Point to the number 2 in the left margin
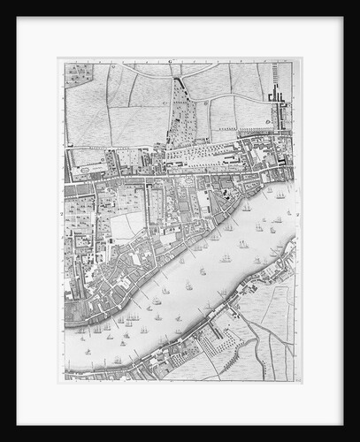pyautogui.click(x=61, y=212)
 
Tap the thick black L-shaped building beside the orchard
pyautogui.click(x=180, y=86)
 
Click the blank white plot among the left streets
pyautogui.click(x=124, y=226)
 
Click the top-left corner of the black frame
pyautogui.click(x=3, y=3)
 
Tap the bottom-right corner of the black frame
pyautogui.click(x=357, y=438)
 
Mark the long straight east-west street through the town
pyautogui.click(x=177, y=173)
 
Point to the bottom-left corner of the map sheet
pyautogui.click(x=59, y=382)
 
